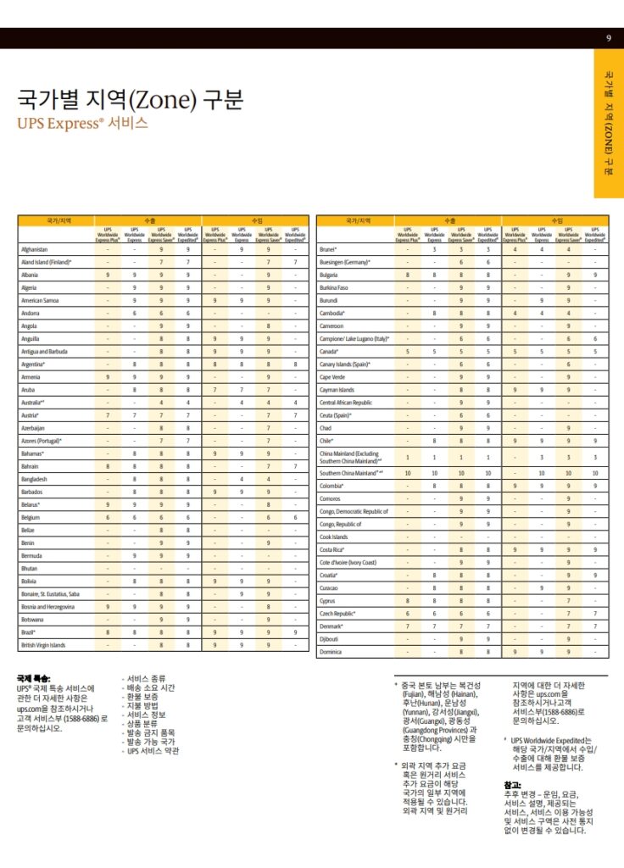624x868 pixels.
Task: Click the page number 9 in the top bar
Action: (609, 38)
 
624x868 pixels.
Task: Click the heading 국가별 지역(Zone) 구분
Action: (131, 99)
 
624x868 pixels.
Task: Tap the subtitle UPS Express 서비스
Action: (82, 123)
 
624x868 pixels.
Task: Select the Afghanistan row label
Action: (35, 249)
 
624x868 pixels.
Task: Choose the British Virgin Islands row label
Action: (43, 645)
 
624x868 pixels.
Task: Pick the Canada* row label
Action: (330, 351)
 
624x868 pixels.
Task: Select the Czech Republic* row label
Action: (337, 613)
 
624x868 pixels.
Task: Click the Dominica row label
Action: (331, 652)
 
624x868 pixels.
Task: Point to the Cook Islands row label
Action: (334, 537)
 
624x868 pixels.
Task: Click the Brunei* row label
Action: (328, 249)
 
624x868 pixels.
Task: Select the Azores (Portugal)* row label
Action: (42, 441)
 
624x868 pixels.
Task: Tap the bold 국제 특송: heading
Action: (34, 679)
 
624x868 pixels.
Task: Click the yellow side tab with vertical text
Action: (609, 123)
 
